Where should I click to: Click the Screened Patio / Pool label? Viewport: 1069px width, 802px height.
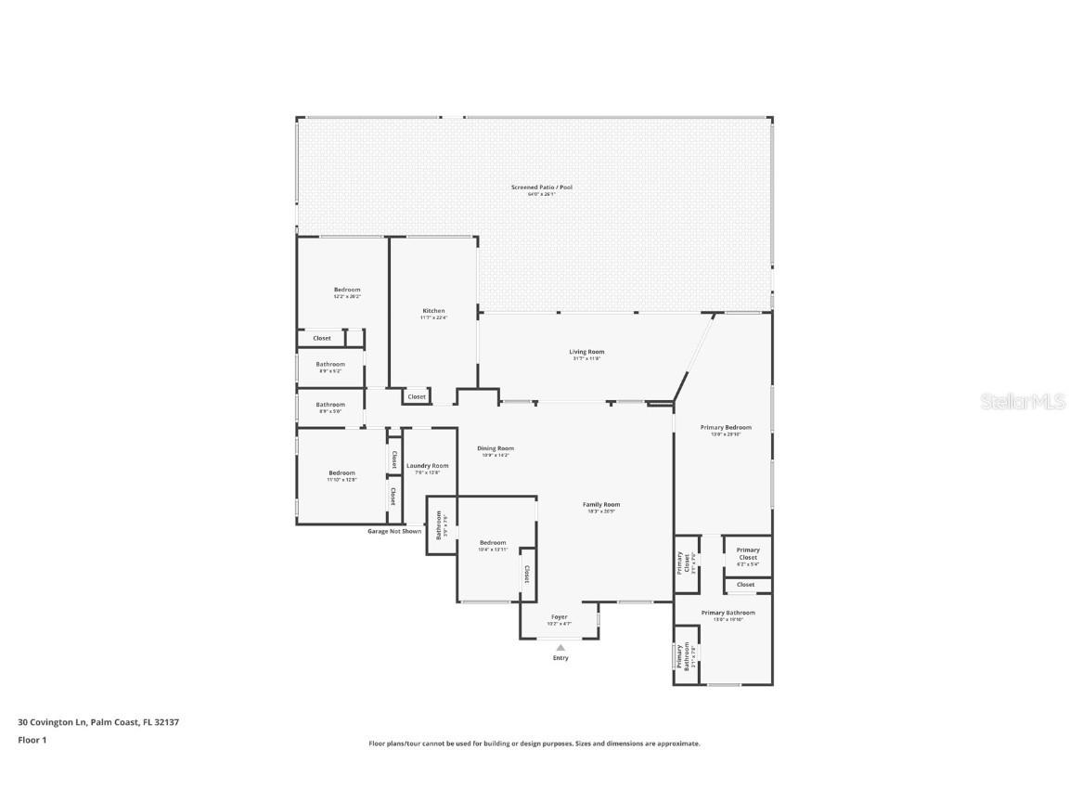point(542,188)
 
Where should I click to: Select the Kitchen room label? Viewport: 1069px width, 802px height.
point(433,311)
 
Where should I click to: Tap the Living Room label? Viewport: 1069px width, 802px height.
point(586,352)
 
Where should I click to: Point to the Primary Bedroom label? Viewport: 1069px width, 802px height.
point(726,428)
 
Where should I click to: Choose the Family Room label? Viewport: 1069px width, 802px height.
point(601,505)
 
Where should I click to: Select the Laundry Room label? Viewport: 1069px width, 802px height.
point(427,466)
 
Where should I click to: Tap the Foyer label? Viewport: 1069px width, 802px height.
point(559,617)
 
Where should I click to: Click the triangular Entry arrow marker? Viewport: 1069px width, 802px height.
point(560,648)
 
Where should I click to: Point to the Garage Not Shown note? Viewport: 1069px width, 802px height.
point(394,531)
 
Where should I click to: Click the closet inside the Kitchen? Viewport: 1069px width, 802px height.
point(417,396)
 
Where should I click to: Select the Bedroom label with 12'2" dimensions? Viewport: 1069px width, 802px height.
point(347,290)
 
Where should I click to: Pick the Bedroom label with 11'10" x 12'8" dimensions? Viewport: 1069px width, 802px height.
point(341,473)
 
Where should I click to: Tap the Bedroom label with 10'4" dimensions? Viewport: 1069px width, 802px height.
point(493,543)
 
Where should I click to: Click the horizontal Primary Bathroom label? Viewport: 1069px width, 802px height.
point(728,613)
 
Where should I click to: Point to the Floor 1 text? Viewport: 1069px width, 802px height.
point(32,740)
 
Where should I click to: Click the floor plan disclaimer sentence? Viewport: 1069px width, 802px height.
point(534,744)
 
